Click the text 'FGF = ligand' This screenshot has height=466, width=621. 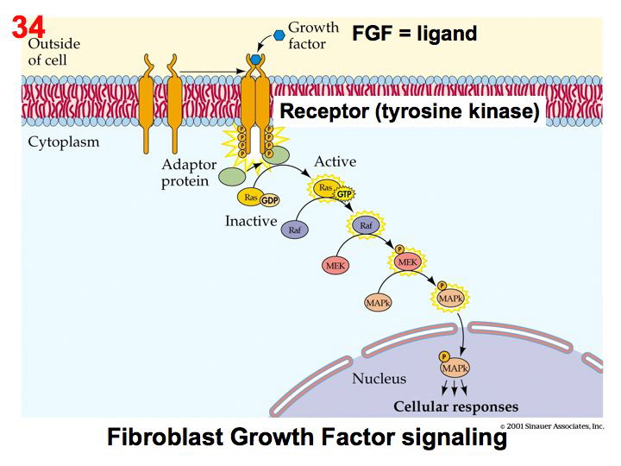pyautogui.click(x=414, y=35)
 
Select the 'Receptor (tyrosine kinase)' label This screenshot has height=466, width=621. pyautogui.click(x=410, y=111)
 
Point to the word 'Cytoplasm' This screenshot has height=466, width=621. pyautogui.click(x=63, y=142)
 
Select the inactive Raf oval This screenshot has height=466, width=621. pyautogui.click(x=295, y=231)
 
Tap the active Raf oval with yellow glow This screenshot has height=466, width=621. pyautogui.click(x=365, y=225)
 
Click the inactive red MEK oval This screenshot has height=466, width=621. pyautogui.click(x=336, y=266)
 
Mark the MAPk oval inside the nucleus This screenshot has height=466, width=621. pyautogui.click(x=455, y=368)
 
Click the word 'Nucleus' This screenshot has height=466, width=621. pyautogui.click(x=379, y=378)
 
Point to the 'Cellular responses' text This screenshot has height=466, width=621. pyautogui.click(x=455, y=406)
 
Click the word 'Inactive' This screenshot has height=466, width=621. pyautogui.click(x=251, y=221)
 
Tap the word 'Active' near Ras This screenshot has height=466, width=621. pyautogui.click(x=335, y=161)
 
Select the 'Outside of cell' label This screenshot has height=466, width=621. pyautogui.click(x=54, y=51)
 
